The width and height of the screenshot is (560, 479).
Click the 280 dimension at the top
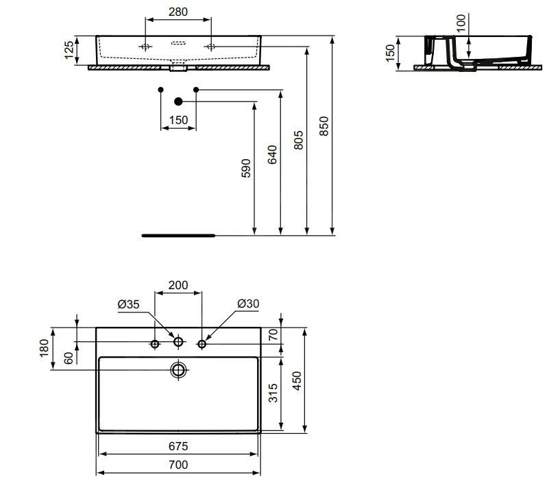pos(178,12)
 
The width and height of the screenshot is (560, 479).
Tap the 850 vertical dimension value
pos(325,126)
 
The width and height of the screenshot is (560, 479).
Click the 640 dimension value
pos(272,156)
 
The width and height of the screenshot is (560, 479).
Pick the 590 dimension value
pos(246,168)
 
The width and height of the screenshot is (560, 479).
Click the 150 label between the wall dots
pos(178,121)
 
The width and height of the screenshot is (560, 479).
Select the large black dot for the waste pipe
pos(178,101)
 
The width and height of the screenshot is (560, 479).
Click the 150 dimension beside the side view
pos(391,53)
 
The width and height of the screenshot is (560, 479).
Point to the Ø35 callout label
pos(128,304)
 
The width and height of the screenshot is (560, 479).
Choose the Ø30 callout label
pos(247,304)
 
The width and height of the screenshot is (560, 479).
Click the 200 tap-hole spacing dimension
pos(178,284)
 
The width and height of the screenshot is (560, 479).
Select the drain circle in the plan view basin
pos(178,371)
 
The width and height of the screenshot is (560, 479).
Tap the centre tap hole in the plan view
pos(178,342)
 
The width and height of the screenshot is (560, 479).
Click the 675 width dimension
pos(178,447)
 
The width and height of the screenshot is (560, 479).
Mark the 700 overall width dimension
pos(178,465)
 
